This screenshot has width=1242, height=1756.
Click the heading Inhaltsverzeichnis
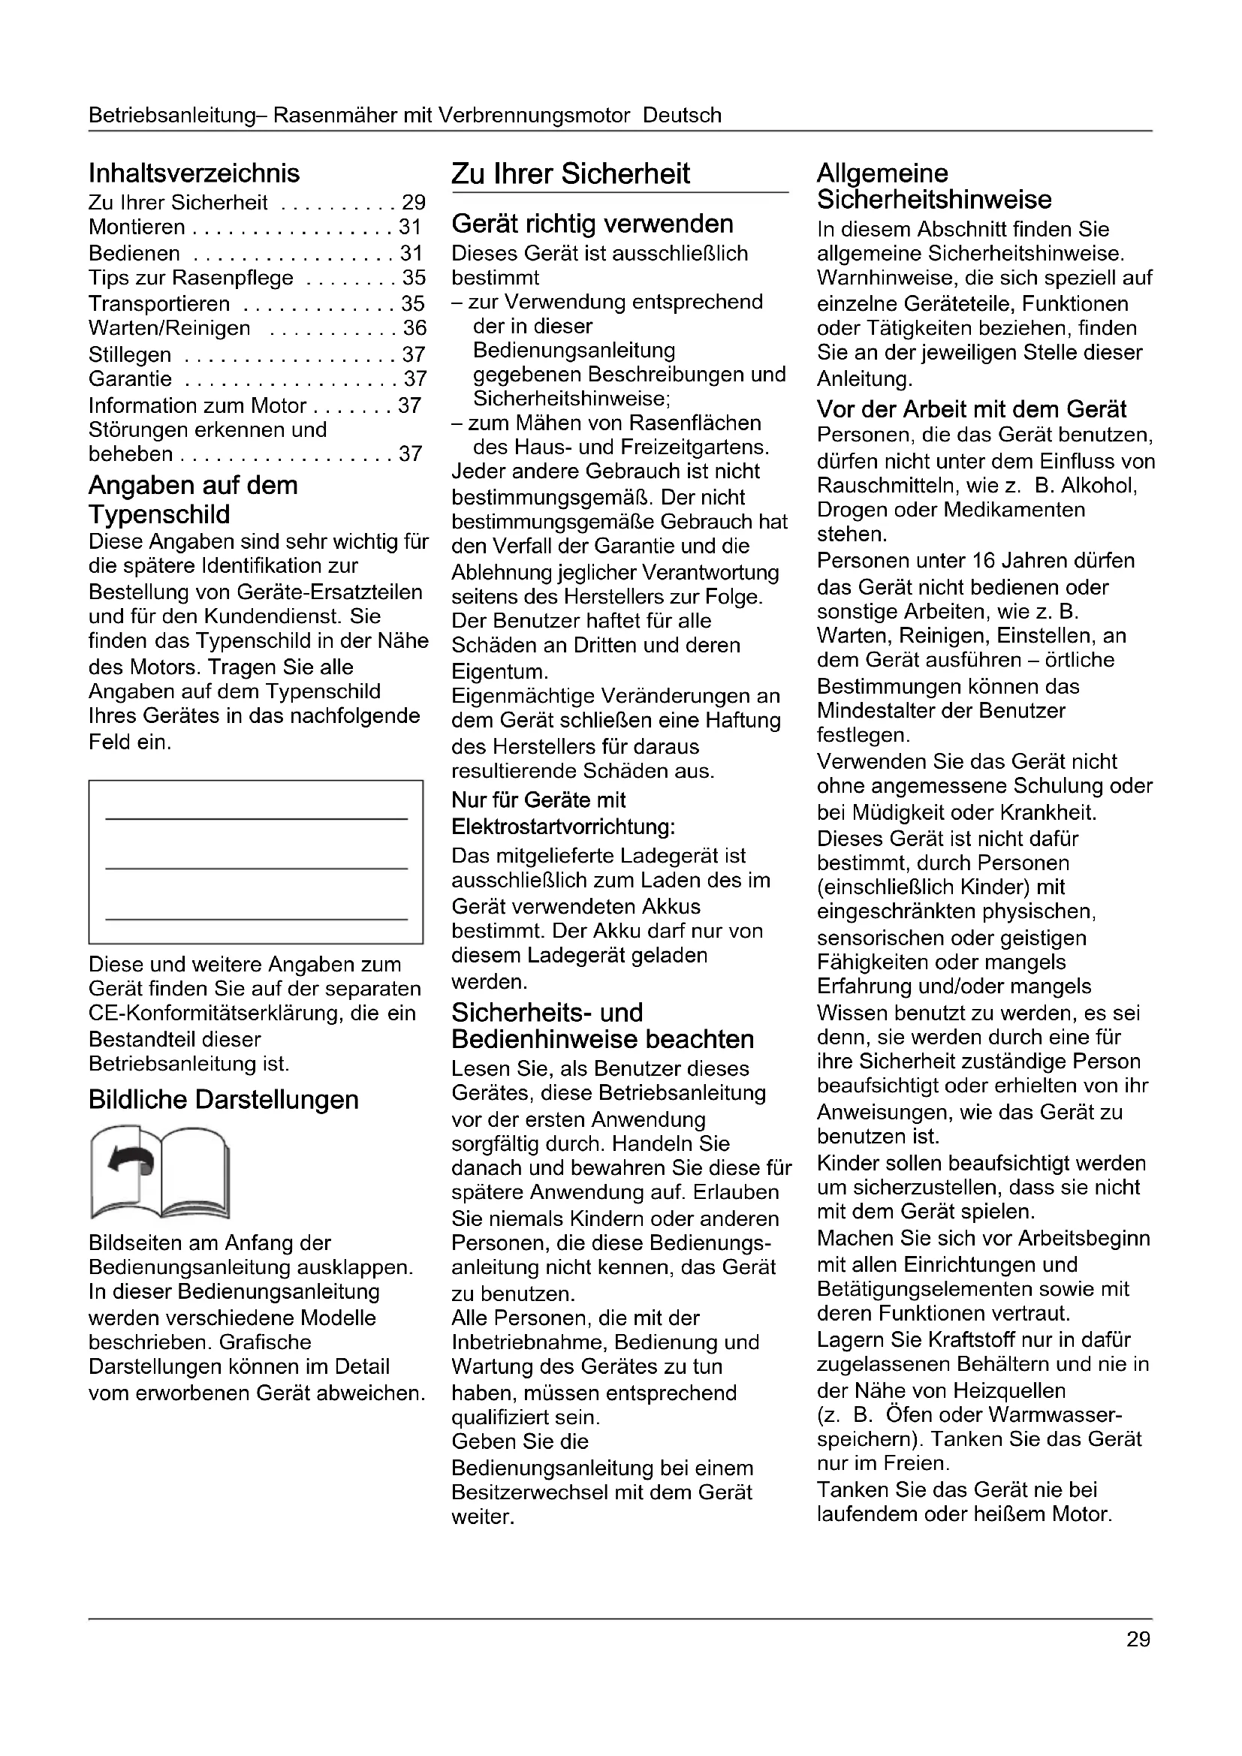click(x=194, y=173)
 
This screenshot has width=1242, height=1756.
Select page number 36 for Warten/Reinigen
click(x=415, y=328)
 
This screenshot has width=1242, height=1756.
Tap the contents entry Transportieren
click(x=159, y=303)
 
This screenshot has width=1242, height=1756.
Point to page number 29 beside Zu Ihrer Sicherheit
click(x=414, y=203)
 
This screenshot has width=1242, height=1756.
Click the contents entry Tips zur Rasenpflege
click(x=191, y=278)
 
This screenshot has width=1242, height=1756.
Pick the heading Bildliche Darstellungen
click(x=223, y=1100)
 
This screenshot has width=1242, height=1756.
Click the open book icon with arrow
click(x=159, y=1172)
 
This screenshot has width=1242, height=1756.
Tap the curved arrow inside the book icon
click(x=132, y=1159)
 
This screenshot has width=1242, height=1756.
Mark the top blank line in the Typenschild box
click(x=256, y=819)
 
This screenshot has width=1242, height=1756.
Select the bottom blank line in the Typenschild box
click(x=256, y=918)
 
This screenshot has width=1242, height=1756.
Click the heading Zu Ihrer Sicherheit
click(x=571, y=174)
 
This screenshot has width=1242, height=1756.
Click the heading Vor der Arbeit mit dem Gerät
click(x=971, y=409)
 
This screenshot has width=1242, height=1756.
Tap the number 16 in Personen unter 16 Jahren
click(x=984, y=561)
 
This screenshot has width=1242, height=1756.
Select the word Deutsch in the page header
click(x=682, y=116)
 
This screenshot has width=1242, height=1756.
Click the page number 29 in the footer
click(x=1138, y=1640)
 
